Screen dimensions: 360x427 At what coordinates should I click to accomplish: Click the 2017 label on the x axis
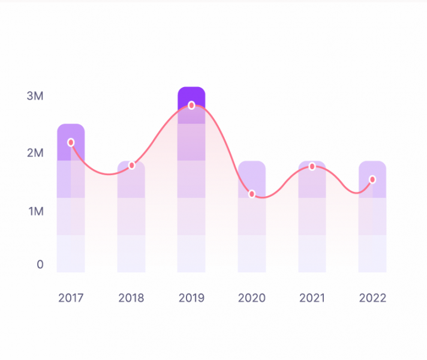(71, 298)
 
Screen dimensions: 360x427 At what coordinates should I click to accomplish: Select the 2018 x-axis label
(131, 298)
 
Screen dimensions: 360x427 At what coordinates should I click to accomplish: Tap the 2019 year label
(191, 298)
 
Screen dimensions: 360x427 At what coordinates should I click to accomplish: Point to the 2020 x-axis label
(252, 298)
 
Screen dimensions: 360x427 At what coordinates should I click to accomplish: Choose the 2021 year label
(312, 298)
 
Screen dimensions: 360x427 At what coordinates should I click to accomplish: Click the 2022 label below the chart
(372, 298)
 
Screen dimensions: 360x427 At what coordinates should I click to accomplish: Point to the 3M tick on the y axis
(35, 96)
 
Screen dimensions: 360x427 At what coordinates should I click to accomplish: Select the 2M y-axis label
(35, 153)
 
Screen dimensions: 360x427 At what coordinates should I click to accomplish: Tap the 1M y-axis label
(35, 211)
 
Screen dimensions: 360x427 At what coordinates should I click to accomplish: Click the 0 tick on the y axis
(40, 265)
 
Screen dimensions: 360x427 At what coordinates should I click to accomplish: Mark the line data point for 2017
(71, 142)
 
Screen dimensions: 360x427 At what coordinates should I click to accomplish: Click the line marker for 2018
(132, 165)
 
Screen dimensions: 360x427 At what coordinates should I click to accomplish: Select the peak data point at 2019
(191, 105)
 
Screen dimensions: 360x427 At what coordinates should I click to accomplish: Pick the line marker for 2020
(252, 194)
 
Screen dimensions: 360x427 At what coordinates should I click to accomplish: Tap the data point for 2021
(312, 166)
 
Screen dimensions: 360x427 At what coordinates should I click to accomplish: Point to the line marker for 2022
(372, 179)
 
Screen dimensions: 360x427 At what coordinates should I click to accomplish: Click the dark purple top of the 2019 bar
(191, 95)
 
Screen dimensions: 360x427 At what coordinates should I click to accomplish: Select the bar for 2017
(71, 210)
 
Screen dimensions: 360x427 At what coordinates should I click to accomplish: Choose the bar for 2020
(252, 228)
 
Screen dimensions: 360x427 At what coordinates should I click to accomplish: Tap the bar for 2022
(372, 228)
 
